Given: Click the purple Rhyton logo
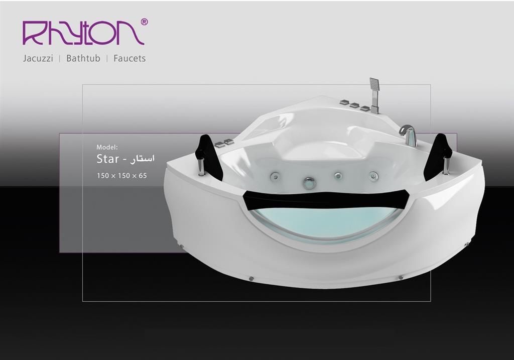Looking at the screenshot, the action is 83,33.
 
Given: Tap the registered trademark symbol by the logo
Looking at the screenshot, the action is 144,22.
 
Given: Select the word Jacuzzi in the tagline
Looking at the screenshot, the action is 38,58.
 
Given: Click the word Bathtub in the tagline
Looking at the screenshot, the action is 83,58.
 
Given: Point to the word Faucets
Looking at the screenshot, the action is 130,58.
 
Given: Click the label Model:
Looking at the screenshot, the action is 107,147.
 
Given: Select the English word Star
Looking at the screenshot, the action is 107,159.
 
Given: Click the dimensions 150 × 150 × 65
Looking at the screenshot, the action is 121,176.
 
